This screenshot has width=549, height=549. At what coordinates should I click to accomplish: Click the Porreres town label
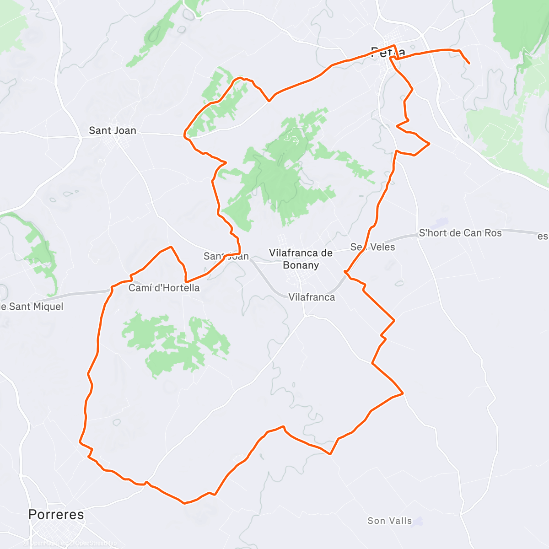pyautogui.click(x=56, y=514)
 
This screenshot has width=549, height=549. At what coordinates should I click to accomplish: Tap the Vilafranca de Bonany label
pyautogui.click(x=301, y=258)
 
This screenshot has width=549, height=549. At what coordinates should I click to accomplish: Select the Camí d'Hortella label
pyautogui.click(x=164, y=288)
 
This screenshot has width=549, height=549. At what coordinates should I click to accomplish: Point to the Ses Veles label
pyautogui.click(x=372, y=247)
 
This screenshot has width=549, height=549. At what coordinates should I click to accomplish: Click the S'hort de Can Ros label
pyautogui.click(x=460, y=233)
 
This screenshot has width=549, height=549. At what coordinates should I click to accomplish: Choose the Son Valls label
pyautogui.click(x=389, y=521)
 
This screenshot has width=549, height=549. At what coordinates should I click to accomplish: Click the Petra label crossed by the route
pyautogui.click(x=388, y=51)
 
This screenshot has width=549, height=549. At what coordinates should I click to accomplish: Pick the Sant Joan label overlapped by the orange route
pyautogui.click(x=226, y=256)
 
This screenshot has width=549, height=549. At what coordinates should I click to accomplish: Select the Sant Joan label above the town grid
pyautogui.click(x=113, y=130)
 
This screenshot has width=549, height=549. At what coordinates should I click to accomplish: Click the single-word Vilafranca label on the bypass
pyautogui.click(x=312, y=297)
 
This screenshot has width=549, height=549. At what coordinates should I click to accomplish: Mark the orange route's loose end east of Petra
pyautogui.click(x=469, y=63)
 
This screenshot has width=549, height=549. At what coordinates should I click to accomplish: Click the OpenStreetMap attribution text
pyautogui.click(x=94, y=543)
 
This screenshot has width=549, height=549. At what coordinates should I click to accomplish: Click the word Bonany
pyautogui.click(x=301, y=265)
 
